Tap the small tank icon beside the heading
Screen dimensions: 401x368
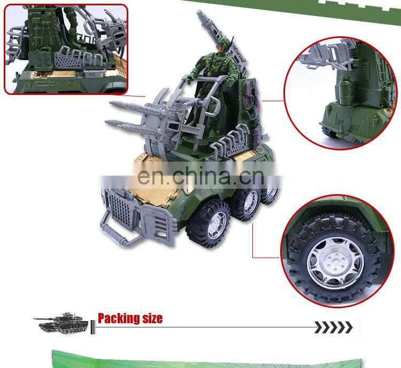point(61,323)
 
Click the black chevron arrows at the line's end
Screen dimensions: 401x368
point(333,327)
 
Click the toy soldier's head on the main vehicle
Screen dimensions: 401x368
point(223,46)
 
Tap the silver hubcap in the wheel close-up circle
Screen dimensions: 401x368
point(335,263)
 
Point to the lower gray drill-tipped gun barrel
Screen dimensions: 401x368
point(130,127)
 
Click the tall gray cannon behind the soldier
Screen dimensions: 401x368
point(220,38)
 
